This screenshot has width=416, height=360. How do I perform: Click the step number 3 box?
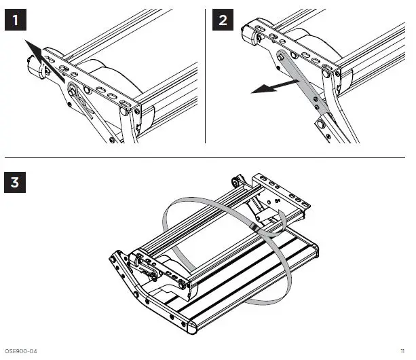17,182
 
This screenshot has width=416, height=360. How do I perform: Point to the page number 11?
402,351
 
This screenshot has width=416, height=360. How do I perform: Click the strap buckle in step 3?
254,225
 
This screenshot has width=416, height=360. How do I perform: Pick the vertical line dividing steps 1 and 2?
206,75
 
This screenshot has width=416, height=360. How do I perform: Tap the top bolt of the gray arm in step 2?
280,57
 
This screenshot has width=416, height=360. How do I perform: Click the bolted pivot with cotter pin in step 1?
71,88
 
